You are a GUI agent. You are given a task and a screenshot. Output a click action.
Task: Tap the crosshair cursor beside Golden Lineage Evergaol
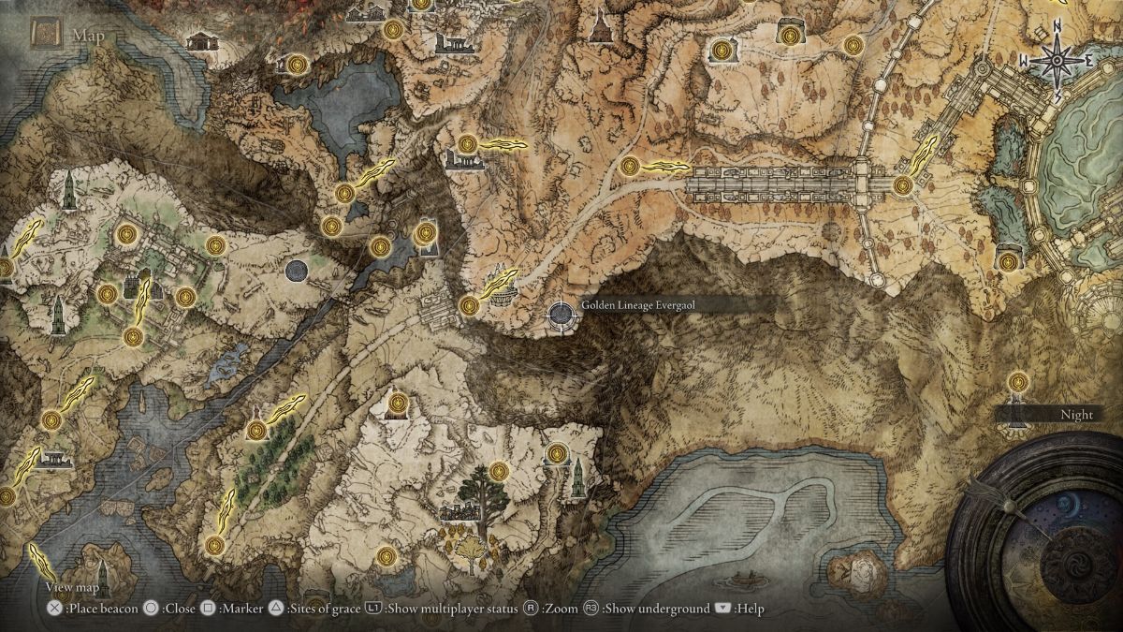pyautogui.click(x=561, y=316)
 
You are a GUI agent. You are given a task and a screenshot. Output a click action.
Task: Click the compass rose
pyautogui.click(x=1057, y=61)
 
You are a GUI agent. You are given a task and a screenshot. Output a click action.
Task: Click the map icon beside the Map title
pyautogui.click(x=45, y=35)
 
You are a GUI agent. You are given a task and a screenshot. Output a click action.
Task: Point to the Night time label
pyautogui.click(x=1077, y=414)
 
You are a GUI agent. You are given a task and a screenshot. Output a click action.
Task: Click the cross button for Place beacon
pyautogui.click(x=55, y=609)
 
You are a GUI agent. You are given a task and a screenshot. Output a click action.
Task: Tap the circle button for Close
pyautogui.click(x=150, y=609)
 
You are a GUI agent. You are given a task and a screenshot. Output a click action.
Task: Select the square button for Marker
pyautogui.click(x=209, y=609)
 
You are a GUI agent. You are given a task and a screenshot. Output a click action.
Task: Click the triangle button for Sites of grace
pyautogui.click(x=276, y=609)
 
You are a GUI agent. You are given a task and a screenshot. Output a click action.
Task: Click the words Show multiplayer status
pyautogui.click(x=452, y=609)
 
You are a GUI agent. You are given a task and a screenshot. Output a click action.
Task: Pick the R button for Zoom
pyautogui.click(x=531, y=609)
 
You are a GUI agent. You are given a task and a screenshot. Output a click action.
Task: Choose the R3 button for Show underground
pyautogui.click(x=592, y=609)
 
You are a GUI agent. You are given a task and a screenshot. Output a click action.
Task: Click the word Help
pyautogui.click(x=750, y=609)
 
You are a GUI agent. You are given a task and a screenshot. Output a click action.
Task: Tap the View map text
pyautogui.click(x=73, y=587)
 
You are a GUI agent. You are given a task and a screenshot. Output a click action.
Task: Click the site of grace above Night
pyautogui.click(x=1017, y=382)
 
